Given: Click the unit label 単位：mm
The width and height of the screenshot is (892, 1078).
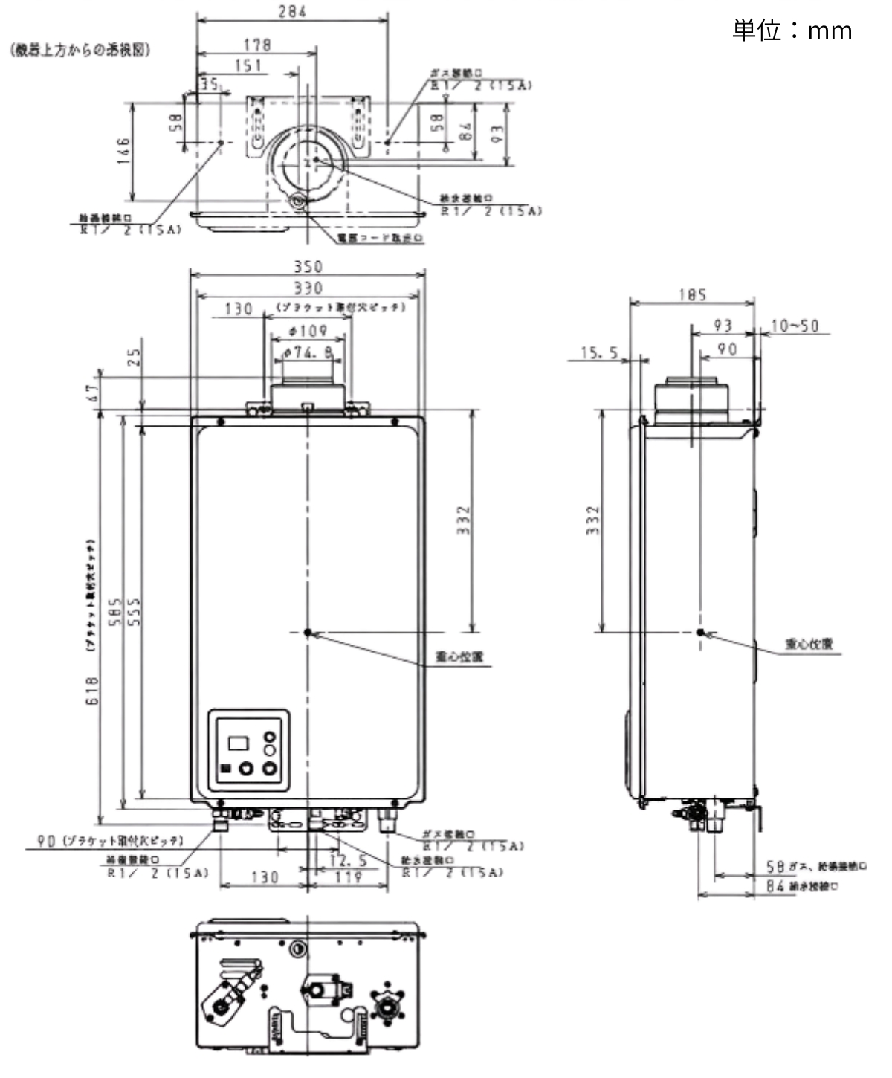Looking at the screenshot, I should click(x=792, y=30).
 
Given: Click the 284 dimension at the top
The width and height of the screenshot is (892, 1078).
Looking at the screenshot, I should click(x=292, y=11).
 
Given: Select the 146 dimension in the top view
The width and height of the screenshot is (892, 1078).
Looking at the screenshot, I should click(x=123, y=152).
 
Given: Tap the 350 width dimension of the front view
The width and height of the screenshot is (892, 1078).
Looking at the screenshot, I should click(x=308, y=266).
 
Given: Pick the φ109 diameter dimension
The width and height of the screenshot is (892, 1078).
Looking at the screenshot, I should click(x=308, y=330).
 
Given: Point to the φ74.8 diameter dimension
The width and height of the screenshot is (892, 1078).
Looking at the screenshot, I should click(x=308, y=352).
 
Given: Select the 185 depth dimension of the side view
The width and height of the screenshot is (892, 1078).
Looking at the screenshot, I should click(x=691, y=295).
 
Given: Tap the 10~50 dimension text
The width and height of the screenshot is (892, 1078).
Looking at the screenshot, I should click(x=794, y=326).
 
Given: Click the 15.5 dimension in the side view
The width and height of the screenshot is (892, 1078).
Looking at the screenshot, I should click(x=599, y=353).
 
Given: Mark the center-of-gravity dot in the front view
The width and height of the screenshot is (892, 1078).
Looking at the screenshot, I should click(x=308, y=632).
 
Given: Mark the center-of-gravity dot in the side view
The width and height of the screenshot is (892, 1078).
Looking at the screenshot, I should click(x=699, y=632).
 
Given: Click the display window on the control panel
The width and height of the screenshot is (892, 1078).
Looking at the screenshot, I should click(x=239, y=742).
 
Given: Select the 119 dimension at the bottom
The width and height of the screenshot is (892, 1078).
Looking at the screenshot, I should click(x=348, y=877).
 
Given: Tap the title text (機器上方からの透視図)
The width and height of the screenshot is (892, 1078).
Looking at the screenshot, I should click(x=80, y=50).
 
